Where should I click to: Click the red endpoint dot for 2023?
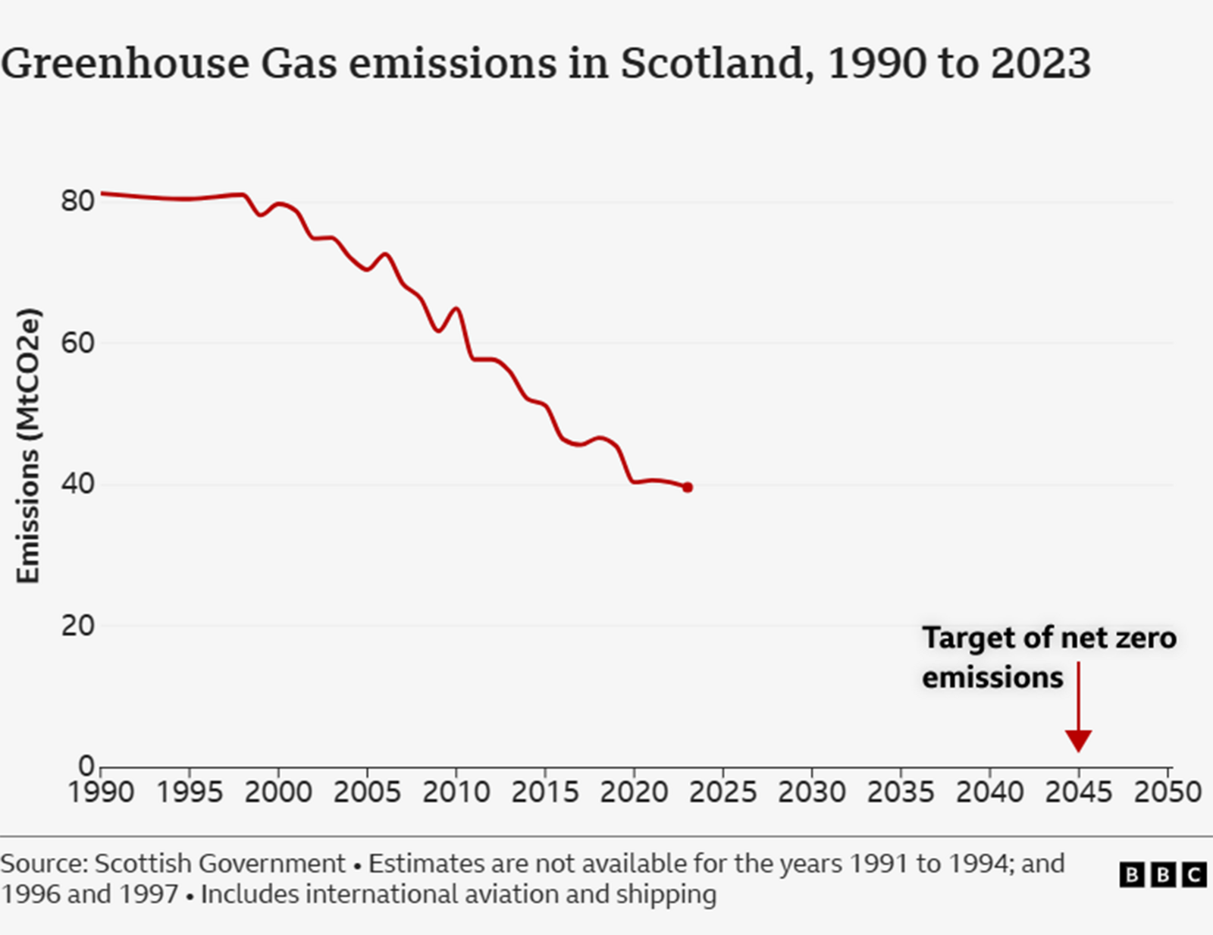pyautogui.click(x=687, y=488)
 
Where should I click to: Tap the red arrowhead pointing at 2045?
pyautogui.click(x=1078, y=740)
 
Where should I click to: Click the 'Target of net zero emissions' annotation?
pyautogui.click(x=1048, y=657)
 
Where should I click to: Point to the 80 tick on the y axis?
pyautogui.click(x=77, y=201)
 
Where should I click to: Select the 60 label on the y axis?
pyautogui.click(x=77, y=343)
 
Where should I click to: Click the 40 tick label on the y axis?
pyautogui.click(x=77, y=484)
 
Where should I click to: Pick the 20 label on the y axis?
pyautogui.click(x=77, y=626)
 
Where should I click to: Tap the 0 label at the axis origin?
pyautogui.click(x=86, y=766)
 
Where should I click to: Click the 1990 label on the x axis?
pyautogui.click(x=101, y=792)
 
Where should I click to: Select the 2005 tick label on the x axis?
pyautogui.click(x=367, y=792)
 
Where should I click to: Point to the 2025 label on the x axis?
pyautogui.click(x=722, y=792)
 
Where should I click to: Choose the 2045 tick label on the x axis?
pyautogui.click(x=1078, y=792)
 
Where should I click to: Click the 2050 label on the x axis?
pyautogui.click(x=1167, y=792)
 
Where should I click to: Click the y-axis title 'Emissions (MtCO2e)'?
pyautogui.click(x=28, y=446)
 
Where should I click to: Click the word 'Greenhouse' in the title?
pyautogui.click(x=125, y=63)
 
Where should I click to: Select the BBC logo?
pyautogui.click(x=1162, y=874)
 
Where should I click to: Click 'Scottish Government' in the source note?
pyautogui.click(x=220, y=864)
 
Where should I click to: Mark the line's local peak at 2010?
pyautogui.click(x=456, y=309)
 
